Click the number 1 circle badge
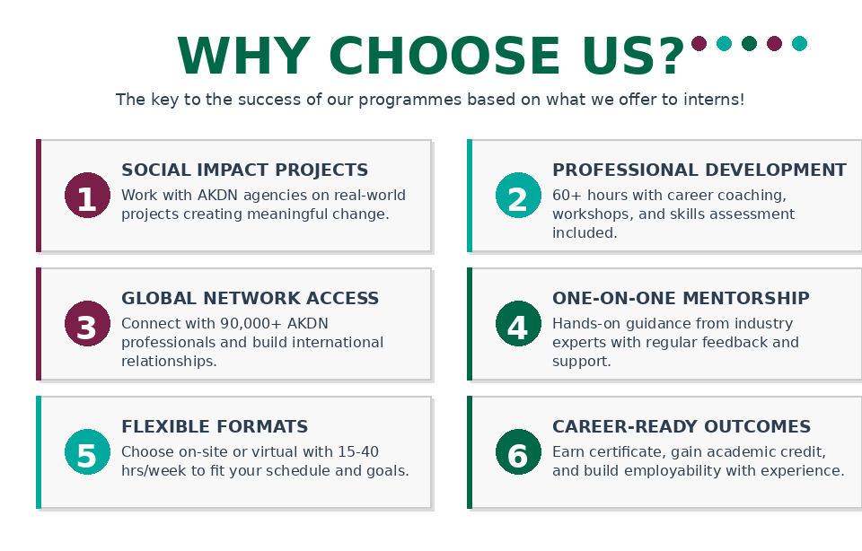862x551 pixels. [87, 195]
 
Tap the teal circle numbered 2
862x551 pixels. [518, 195]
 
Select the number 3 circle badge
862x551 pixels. [87, 324]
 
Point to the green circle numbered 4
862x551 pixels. [518, 324]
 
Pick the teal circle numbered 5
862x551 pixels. [87, 451]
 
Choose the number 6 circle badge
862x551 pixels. [518, 451]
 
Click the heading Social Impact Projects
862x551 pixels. [244, 171]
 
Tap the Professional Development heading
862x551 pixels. [699, 171]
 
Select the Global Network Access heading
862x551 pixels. [251, 298]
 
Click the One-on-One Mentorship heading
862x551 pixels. [682, 298]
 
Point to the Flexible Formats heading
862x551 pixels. [215, 427]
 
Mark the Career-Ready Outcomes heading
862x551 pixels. [682, 427]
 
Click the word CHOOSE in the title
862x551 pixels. [444, 56]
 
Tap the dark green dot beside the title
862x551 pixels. [749, 43]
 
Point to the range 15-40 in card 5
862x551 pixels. [358, 452]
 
